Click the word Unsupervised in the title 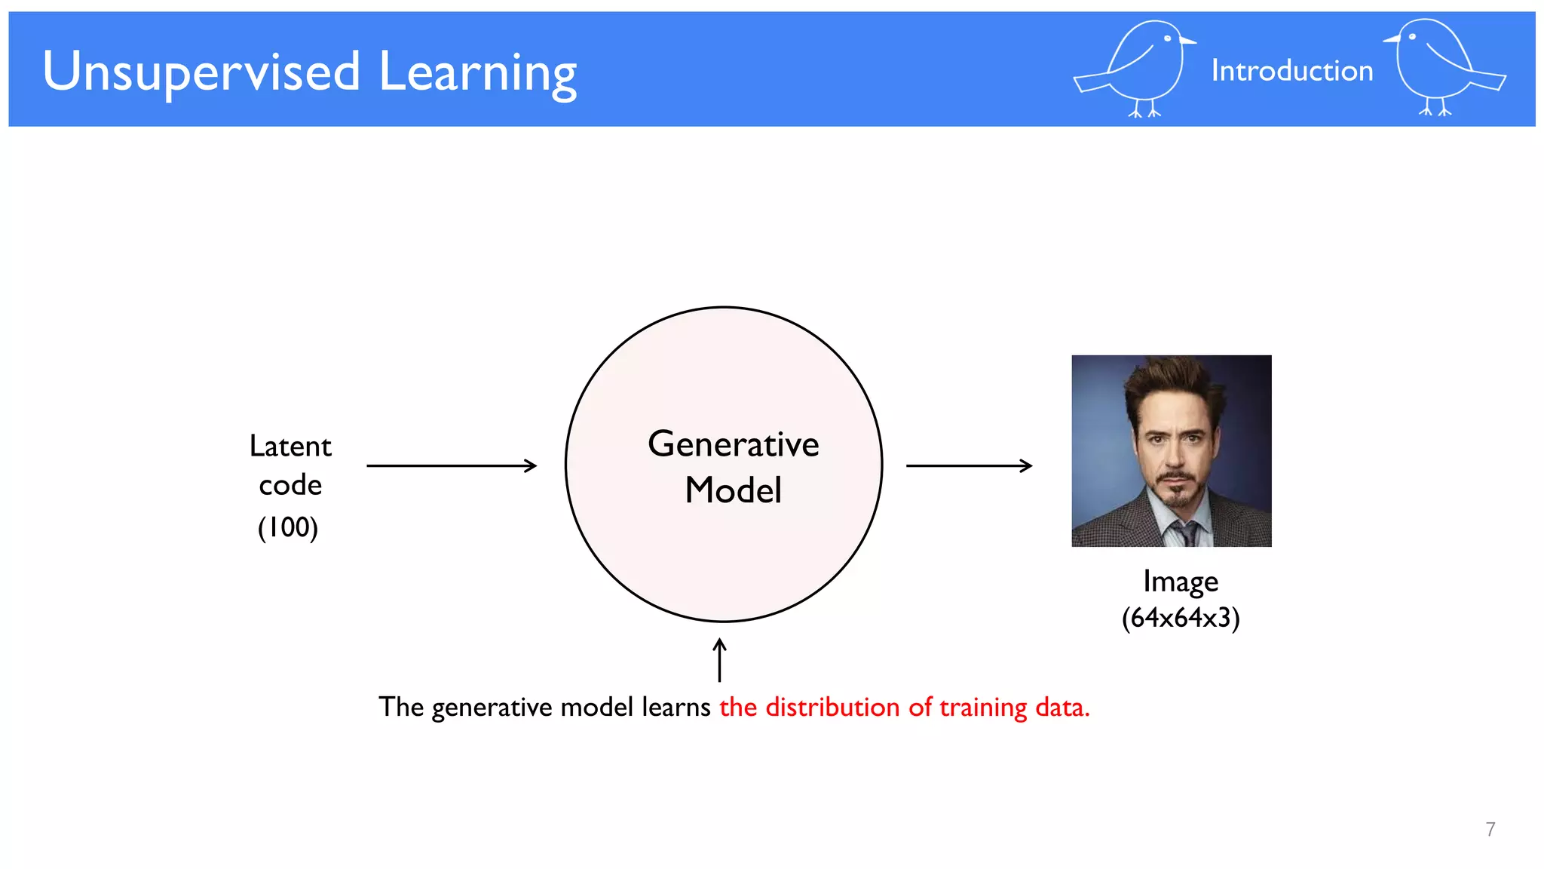(x=201, y=72)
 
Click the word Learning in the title (x=477, y=74)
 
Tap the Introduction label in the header (x=1291, y=71)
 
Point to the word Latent (x=290, y=446)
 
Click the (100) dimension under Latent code (x=288, y=527)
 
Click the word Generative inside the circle (x=733, y=444)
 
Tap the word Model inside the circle (x=733, y=490)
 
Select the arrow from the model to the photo (x=969, y=465)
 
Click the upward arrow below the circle (x=720, y=659)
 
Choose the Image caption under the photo (x=1180, y=582)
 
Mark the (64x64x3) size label (x=1181, y=618)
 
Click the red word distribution (x=832, y=707)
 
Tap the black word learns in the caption (x=675, y=707)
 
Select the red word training (x=983, y=708)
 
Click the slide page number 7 (x=1490, y=829)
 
